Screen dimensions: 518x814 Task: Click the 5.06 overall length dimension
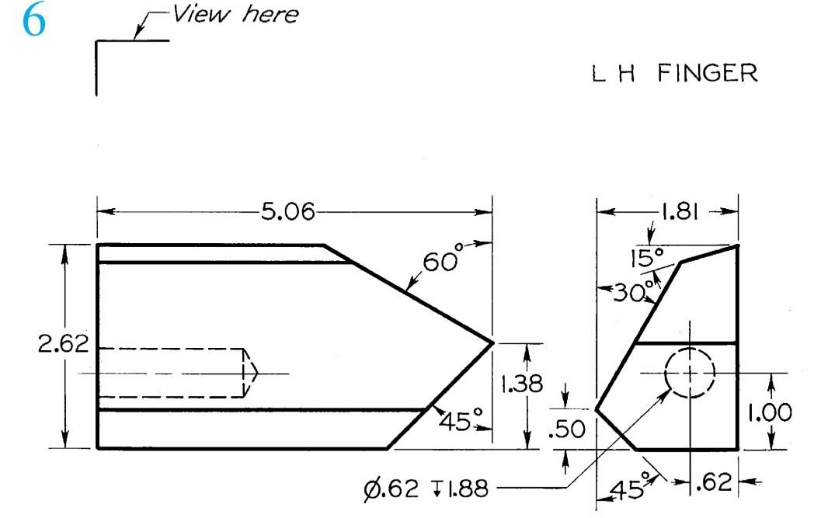288,212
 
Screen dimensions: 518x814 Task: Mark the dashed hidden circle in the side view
690,374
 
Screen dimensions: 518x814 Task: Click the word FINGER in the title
707,74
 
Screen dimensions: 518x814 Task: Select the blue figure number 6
33,21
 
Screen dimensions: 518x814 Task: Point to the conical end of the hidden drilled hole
251,374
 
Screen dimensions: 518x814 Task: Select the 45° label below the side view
629,489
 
